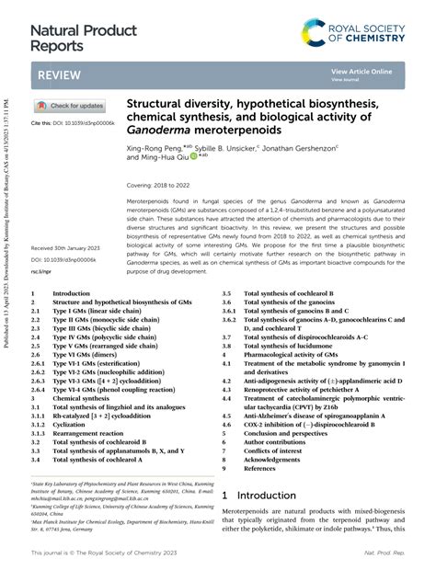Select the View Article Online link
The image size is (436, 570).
(361, 72)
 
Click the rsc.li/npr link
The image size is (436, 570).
(42, 272)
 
